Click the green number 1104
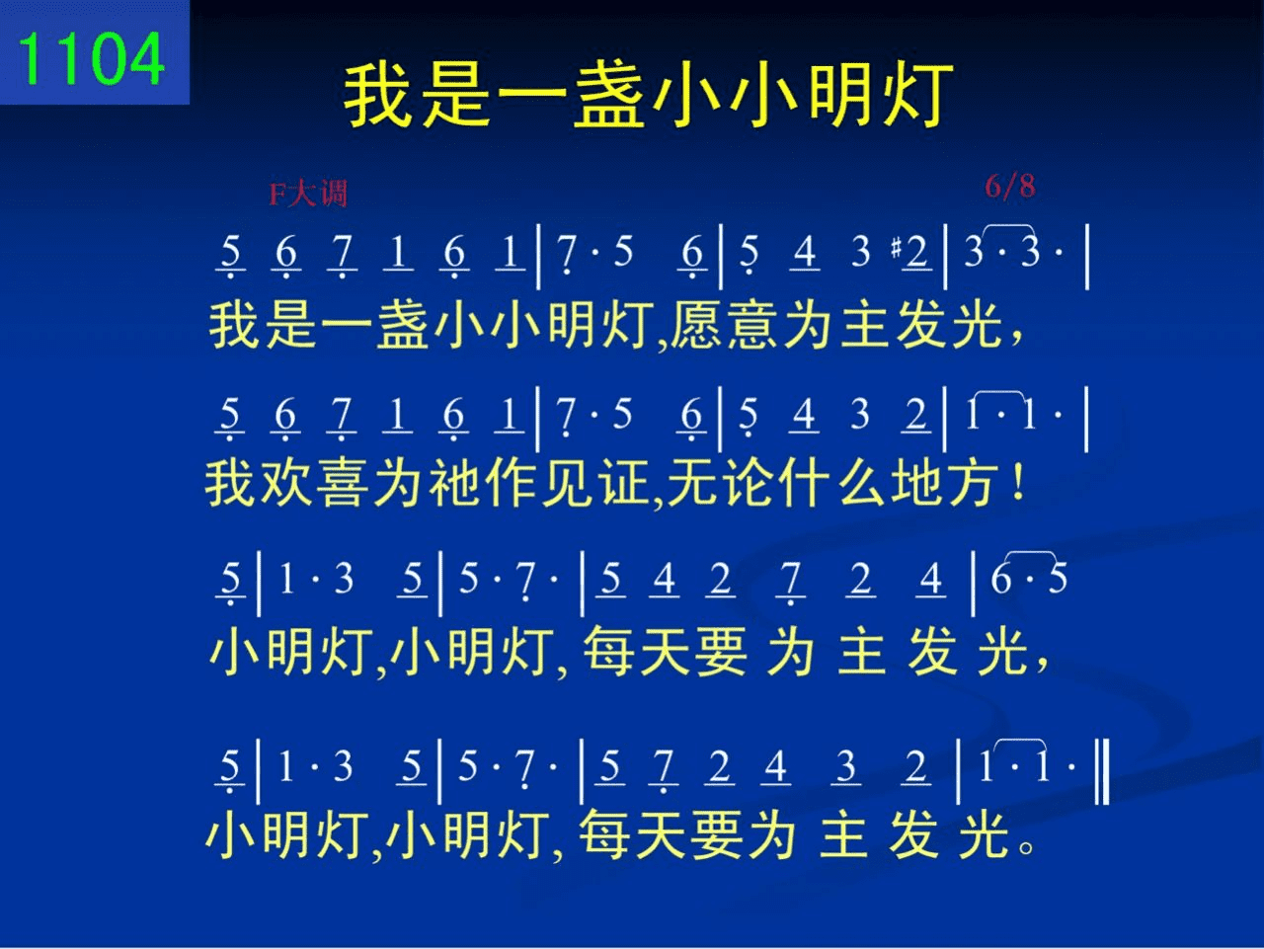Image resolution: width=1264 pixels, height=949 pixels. [x=91, y=58]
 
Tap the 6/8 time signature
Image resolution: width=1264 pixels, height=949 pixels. [x=1010, y=186]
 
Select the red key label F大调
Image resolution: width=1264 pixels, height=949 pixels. [x=308, y=193]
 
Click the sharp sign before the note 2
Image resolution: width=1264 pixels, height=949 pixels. [x=896, y=248]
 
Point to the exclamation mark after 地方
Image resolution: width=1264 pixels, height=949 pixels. [x=1018, y=483]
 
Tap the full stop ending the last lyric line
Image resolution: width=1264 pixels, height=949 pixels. [x=1027, y=846]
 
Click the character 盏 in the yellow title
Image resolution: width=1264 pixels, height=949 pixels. [x=608, y=95]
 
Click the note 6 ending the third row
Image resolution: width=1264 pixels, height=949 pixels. [x=1001, y=579]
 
